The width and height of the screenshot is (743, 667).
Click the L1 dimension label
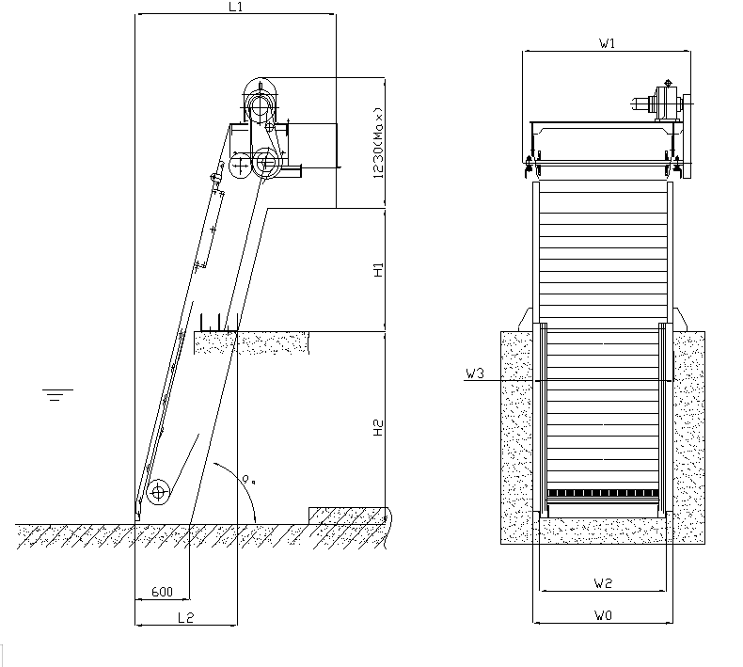pyautogui.click(x=235, y=7)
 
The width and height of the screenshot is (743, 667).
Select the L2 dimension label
pyautogui.click(x=186, y=617)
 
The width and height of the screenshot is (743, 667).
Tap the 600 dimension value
pyautogui.click(x=162, y=592)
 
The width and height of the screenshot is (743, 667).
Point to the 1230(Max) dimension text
pyautogui.click(x=378, y=143)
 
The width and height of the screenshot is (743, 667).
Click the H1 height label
pyautogui.click(x=378, y=269)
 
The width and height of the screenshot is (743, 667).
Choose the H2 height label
pyautogui.click(x=378, y=428)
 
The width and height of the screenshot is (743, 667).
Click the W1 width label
pyautogui.click(x=607, y=43)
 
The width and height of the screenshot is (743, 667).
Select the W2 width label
pyautogui.click(x=603, y=583)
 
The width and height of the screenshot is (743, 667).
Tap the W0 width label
pyautogui.click(x=603, y=615)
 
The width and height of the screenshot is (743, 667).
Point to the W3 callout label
pyautogui.click(x=475, y=373)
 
